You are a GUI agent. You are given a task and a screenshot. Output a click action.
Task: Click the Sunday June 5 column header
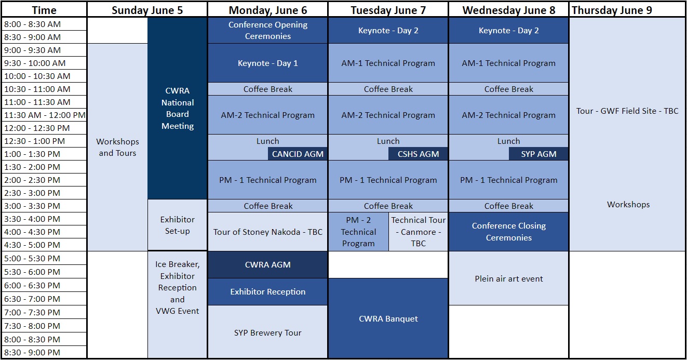click(147, 10)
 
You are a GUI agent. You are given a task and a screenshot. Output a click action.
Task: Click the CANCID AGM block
click(298, 154)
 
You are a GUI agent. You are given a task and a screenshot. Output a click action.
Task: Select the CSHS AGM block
click(418, 154)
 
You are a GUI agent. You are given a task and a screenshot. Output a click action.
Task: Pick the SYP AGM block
click(538, 154)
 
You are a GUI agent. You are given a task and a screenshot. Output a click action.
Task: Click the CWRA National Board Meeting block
click(177, 108)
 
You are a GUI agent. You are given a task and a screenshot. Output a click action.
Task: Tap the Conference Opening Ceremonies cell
click(268, 30)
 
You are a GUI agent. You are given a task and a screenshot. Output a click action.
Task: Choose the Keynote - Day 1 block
click(268, 63)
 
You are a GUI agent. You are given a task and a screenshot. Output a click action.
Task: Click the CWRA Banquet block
click(388, 318)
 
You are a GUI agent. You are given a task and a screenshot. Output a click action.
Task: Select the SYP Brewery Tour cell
click(268, 332)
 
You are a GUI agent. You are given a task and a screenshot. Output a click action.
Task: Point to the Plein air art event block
click(509, 278)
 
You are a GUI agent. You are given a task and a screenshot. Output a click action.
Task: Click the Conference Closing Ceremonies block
click(509, 231)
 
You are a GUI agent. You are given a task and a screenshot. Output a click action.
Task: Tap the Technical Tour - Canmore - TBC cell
click(419, 231)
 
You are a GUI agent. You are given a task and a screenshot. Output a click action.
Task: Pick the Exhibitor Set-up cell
click(177, 225)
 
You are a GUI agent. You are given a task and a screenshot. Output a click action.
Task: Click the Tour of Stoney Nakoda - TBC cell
click(268, 231)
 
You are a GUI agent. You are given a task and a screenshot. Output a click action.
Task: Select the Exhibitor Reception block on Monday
click(268, 291)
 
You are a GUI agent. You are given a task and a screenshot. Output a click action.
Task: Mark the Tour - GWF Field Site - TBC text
click(627, 111)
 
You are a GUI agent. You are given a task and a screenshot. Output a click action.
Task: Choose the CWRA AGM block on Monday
click(268, 264)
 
